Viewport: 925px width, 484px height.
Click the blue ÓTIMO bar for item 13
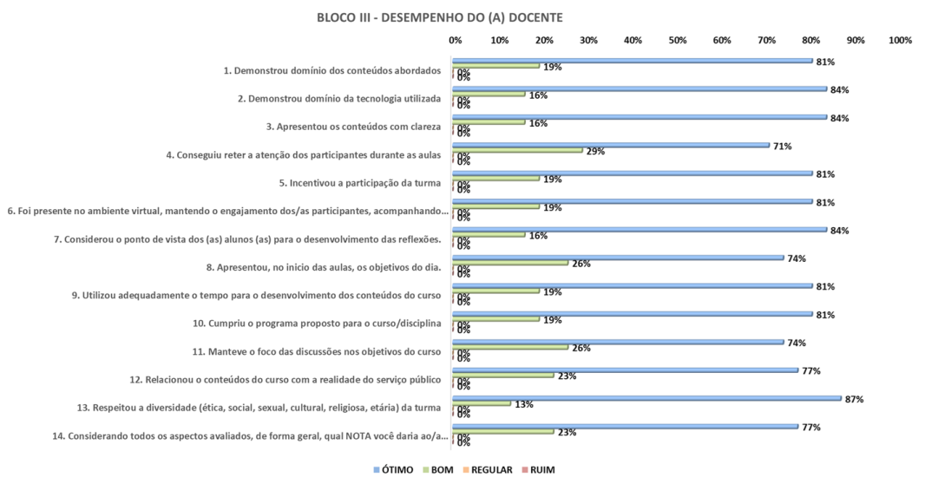646,398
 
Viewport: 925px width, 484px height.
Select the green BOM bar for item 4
517,150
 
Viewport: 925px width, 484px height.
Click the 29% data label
595,151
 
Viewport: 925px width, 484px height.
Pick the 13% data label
523,404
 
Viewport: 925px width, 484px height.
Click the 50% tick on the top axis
677,40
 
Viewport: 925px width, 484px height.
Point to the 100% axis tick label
901,40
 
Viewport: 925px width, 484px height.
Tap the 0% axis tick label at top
455,40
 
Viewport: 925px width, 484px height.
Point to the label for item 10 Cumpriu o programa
325,324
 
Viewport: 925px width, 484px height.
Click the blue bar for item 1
632,61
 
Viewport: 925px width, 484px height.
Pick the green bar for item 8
510,263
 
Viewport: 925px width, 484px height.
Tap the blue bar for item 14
625,426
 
